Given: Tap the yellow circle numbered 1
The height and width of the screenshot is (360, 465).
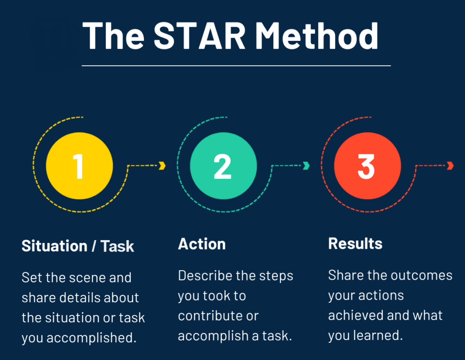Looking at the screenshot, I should (x=79, y=165).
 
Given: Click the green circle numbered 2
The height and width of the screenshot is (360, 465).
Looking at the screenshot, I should (x=223, y=165).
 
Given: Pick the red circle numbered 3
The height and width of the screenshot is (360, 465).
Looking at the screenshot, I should (x=367, y=165).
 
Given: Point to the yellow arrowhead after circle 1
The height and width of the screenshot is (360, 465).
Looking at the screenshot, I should (x=162, y=166).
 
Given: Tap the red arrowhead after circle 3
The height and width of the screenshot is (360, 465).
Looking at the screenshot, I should (x=450, y=166).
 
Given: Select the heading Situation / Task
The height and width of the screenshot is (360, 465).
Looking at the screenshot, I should (x=78, y=246).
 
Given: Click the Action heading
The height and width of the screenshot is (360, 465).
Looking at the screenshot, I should (x=202, y=244).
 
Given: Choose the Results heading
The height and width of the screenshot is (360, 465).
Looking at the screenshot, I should (x=355, y=244).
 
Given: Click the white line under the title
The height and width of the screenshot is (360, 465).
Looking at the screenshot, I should (x=236, y=66).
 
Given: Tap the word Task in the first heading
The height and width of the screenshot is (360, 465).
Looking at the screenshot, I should (x=117, y=246).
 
